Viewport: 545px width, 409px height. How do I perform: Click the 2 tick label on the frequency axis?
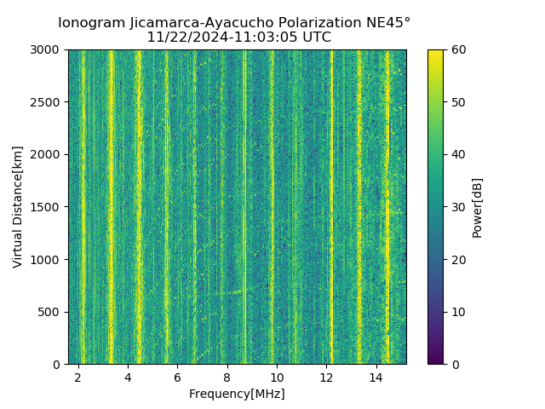pos(78,377)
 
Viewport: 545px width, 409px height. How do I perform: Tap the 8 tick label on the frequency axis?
pos(227,377)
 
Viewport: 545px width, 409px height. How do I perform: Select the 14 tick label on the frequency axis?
pos(376,377)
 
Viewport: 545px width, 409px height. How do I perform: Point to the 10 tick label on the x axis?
pos(276,377)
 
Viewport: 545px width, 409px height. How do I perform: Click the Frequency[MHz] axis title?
pos(237,394)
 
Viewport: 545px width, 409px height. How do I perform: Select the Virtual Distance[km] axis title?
pos(18,207)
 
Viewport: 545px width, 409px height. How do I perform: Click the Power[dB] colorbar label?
pos(477,207)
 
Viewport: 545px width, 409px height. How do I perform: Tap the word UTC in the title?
pos(315,37)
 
